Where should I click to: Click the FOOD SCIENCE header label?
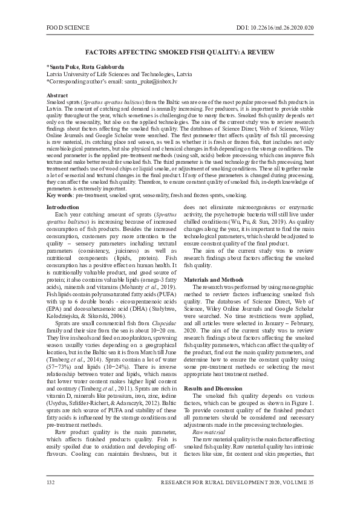tap(68, 28)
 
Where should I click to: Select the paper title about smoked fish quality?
tap(180, 53)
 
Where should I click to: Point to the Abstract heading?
tap(57, 96)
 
